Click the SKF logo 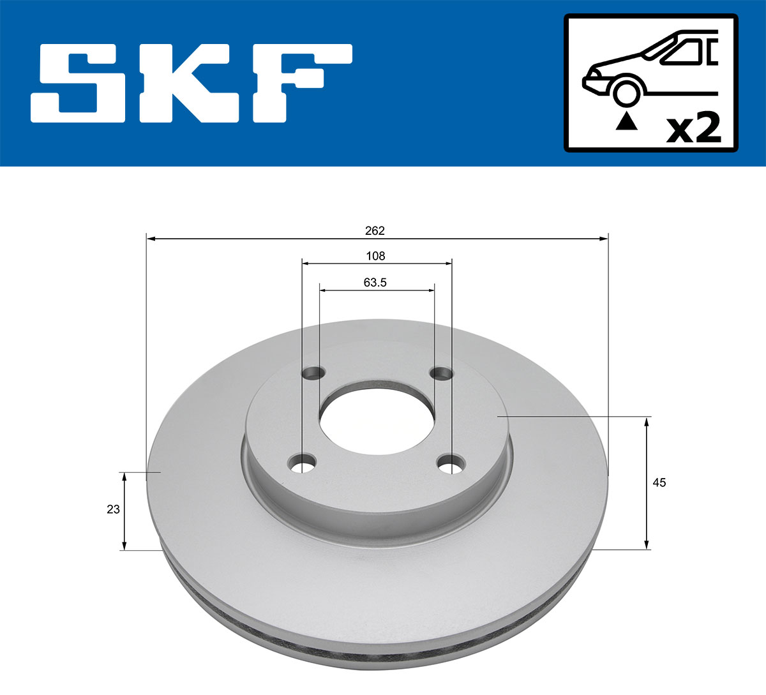[x=191, y=83]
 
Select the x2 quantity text [x=693, y=128]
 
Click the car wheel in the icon [x=626, y=92]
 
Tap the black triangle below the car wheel [x=626, y=121]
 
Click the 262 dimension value [x=375, y=230]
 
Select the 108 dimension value [x=375, y=256]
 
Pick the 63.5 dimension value [x=375, y=282]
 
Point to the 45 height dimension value [x=659, y=482]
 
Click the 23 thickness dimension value [x=113, y=509]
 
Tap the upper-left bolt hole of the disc [x=313, y=373]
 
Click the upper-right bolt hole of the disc [x=440, y=373]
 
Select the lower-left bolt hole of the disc [x=302, y=463]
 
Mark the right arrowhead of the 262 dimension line [x=603, y=239]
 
